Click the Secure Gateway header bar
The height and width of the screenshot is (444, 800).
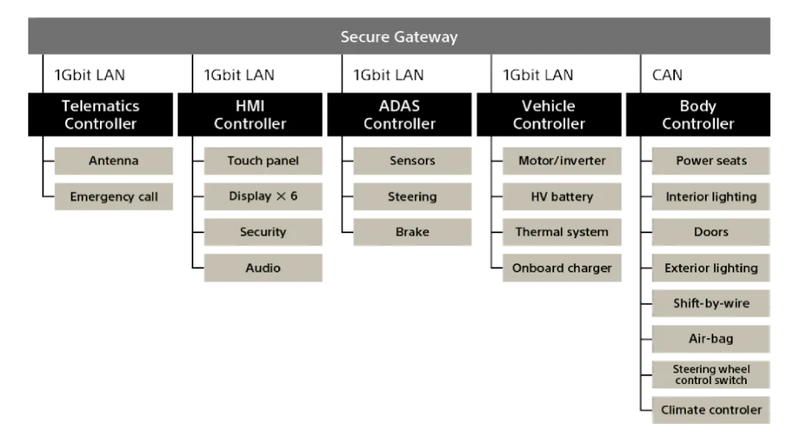pos(399,37)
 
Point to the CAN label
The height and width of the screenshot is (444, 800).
pos(667,76)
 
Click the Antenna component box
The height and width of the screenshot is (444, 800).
pos(113,161)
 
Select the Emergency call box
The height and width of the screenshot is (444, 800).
pos(113,197)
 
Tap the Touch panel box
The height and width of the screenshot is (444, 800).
pos(262,161)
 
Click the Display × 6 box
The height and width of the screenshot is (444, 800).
pos(262,197)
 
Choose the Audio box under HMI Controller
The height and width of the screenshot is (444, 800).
pos(262,268)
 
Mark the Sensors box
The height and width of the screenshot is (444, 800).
pos(412,161)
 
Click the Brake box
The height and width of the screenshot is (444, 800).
pos(412,232)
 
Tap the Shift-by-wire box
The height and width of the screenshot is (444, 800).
pos(711,304)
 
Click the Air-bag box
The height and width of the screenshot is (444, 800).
pos(711,339)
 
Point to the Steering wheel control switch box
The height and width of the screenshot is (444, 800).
pos(711,374)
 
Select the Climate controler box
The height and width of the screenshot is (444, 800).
pos(711,410)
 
